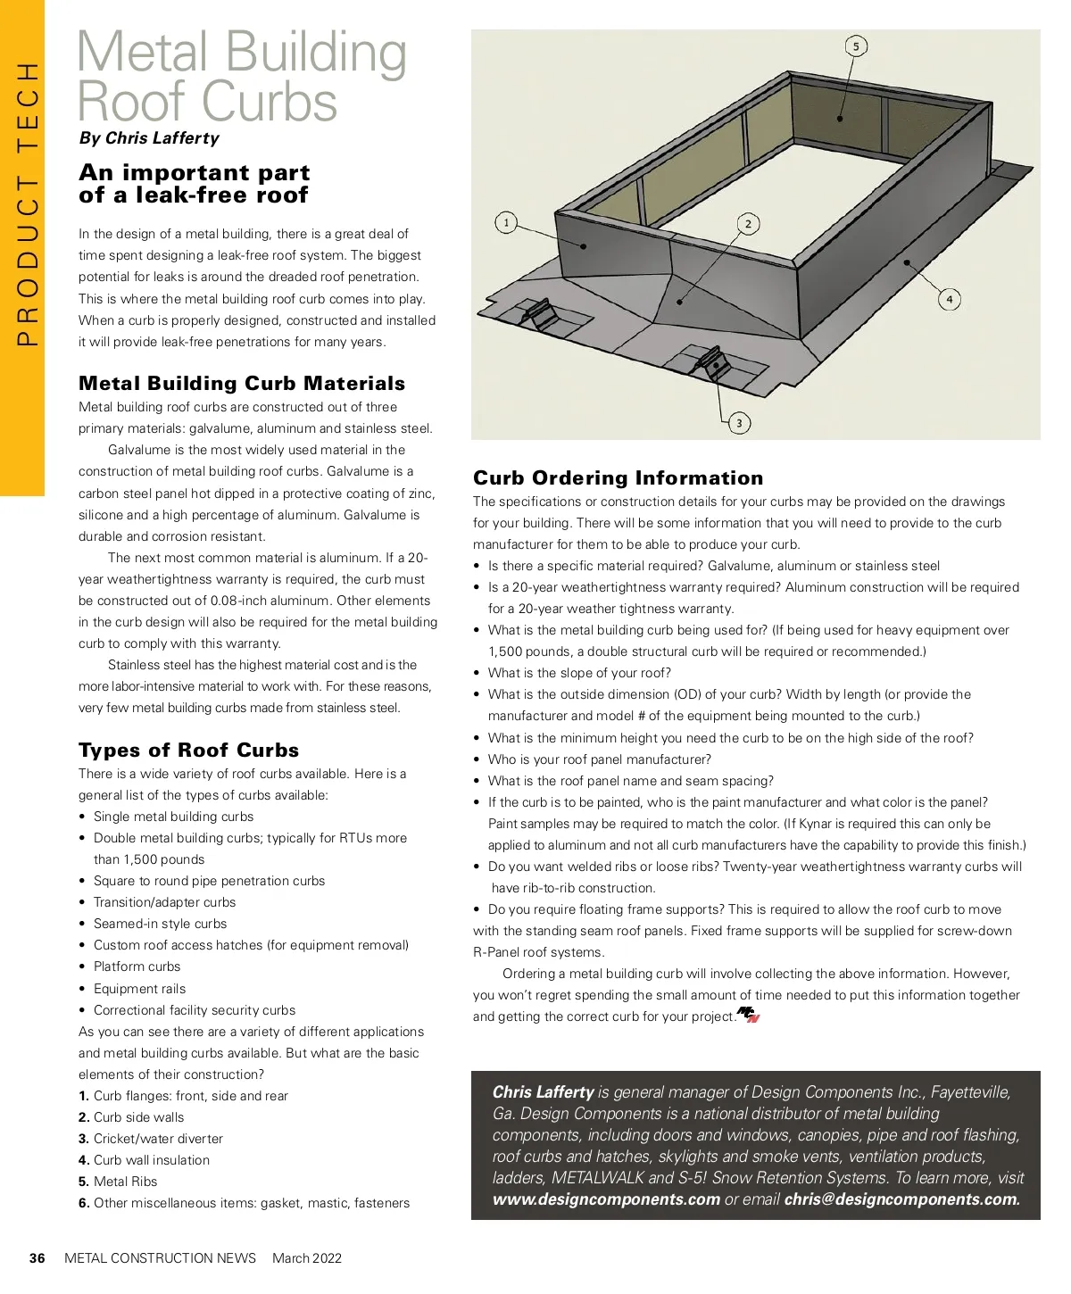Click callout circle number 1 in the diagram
click(506, 222)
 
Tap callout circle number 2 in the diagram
click(748, 224)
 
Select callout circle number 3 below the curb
click(739, 423)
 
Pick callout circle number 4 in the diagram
click(950, 299)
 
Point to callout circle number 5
click(856, 46)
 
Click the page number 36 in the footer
click(37, 1258)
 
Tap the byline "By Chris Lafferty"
click(149, 138)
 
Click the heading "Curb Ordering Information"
click(619, 477)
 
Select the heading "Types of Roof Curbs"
click(188, 750)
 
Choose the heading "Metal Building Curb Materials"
click(242, 383)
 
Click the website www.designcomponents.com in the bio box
click(606, 1199)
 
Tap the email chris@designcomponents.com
click(901, 1199)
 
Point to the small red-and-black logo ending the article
click(748, 1015)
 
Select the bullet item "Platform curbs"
click(137, 966)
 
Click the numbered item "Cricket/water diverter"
click(158, 1139)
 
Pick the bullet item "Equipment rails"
click(139, 989)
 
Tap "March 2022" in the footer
click(307, 1258)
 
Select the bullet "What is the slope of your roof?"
click(579, 673)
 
